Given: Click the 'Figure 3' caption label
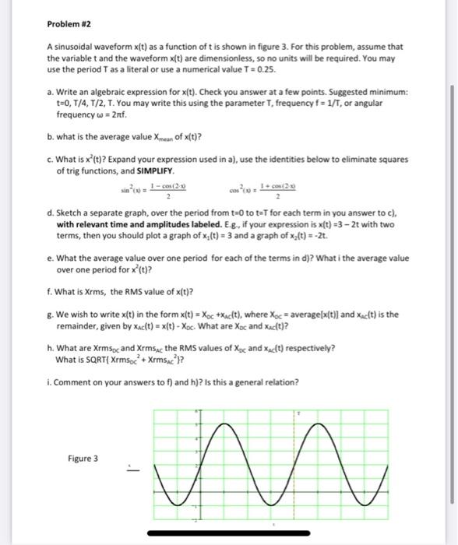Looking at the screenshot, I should point(82,459).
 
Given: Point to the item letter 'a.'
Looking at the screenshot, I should point(50,91).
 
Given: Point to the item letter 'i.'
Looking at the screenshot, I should point(49,383).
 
